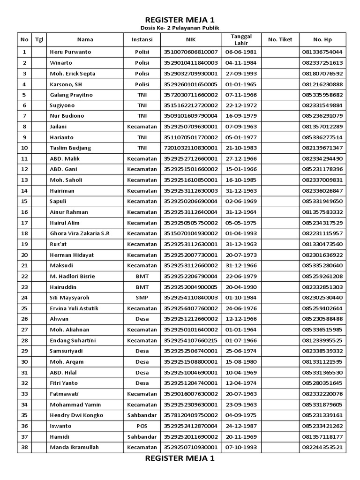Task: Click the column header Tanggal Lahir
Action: click(241, 40)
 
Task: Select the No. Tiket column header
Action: click(280, 40)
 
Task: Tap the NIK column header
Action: click(190, 40)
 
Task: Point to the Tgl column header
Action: click(39, 40)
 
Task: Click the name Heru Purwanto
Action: click(70, 52)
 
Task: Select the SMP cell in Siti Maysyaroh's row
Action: click(142, 298)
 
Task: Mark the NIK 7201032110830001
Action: click(190, 148)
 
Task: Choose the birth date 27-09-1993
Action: click(241, 74)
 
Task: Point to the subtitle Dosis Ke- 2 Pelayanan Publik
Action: click(180, 28)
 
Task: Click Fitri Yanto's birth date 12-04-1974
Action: click(241, 383)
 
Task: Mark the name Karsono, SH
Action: click(66, 84)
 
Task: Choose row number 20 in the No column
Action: click(25, 255)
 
